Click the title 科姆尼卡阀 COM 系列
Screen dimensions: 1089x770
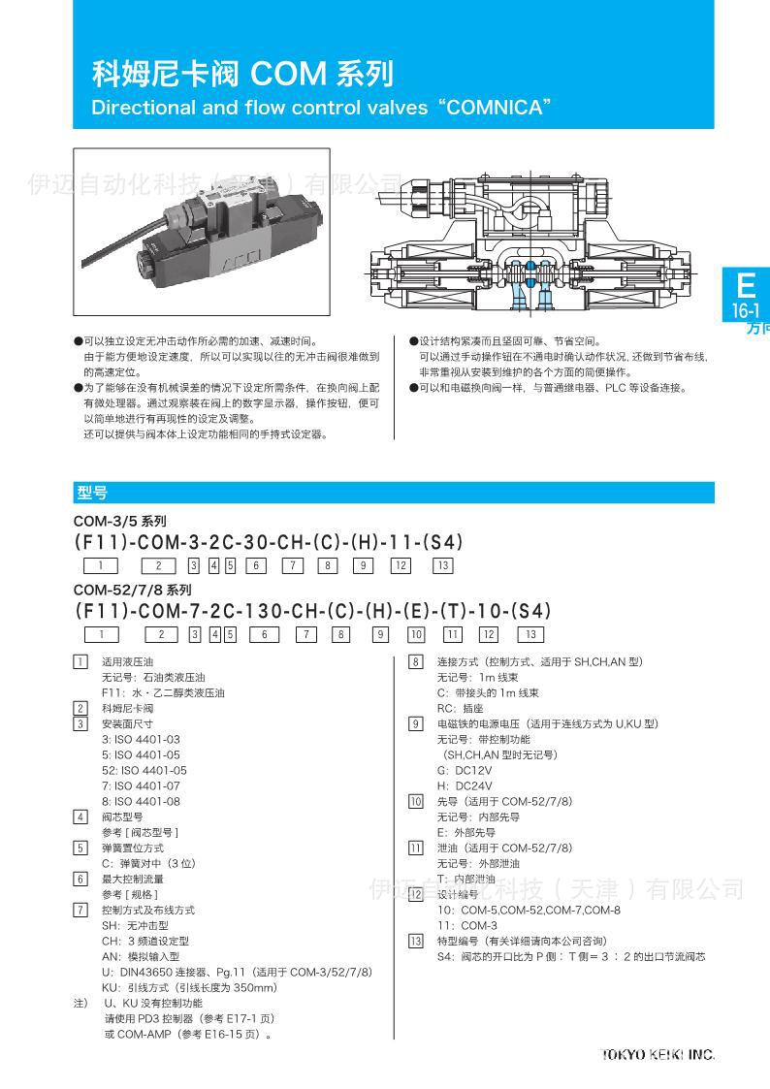point(242,73)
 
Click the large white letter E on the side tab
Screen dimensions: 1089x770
point(745,286)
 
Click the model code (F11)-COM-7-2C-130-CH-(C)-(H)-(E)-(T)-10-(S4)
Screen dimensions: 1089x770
point(312,611)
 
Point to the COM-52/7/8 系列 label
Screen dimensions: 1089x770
point(133,590)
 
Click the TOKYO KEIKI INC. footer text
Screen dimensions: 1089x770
point(658,1054)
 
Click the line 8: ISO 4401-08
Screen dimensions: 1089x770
point(141,801)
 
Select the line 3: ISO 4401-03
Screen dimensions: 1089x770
point(141,739)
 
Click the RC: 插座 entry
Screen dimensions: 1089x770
point(461,708)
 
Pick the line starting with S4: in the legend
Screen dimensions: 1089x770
point(570,956)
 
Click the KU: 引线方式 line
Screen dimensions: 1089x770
point(189,987)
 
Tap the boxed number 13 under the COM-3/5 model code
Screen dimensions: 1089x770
point(442,566)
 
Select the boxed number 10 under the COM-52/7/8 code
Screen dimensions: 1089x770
point(416,635)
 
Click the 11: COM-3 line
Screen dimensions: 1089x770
point(466,925)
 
